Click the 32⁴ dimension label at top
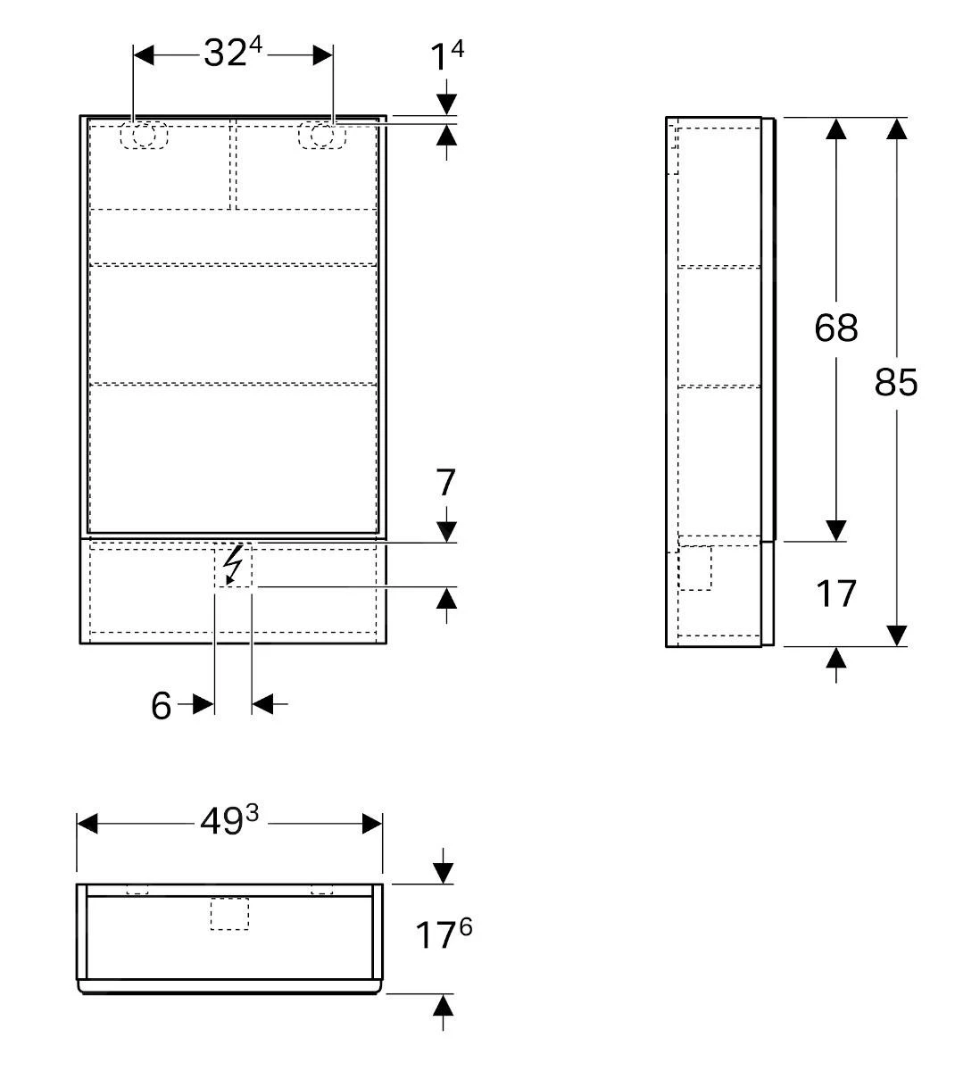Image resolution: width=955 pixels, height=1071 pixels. point(232,54)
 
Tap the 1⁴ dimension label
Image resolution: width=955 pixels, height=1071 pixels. point(447,56)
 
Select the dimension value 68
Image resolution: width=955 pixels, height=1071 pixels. point(835,328)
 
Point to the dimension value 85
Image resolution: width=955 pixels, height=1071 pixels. point(896,382)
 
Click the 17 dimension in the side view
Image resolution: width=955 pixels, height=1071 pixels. point(836,594)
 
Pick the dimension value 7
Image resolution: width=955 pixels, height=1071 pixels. point(446,483)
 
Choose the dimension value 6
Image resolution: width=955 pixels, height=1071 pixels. point(161,705)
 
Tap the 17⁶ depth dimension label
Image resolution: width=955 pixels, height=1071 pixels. point(443,935)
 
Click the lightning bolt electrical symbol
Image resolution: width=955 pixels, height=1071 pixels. point(232,565)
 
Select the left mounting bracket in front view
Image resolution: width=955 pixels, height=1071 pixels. point(144,135)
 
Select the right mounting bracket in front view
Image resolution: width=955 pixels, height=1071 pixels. point(321,135)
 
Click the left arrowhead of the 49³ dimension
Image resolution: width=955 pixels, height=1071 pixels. point(87,823)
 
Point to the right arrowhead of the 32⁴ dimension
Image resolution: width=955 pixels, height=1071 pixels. point(322,55)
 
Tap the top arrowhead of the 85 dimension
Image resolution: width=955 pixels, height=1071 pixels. point(897,129)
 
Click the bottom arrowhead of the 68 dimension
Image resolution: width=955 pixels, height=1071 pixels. point(835,530)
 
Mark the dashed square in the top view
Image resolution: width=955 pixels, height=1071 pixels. point(229,914)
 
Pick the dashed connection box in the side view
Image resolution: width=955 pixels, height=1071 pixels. point(695,569)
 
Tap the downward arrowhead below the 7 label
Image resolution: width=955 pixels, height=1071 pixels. point(446,531)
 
